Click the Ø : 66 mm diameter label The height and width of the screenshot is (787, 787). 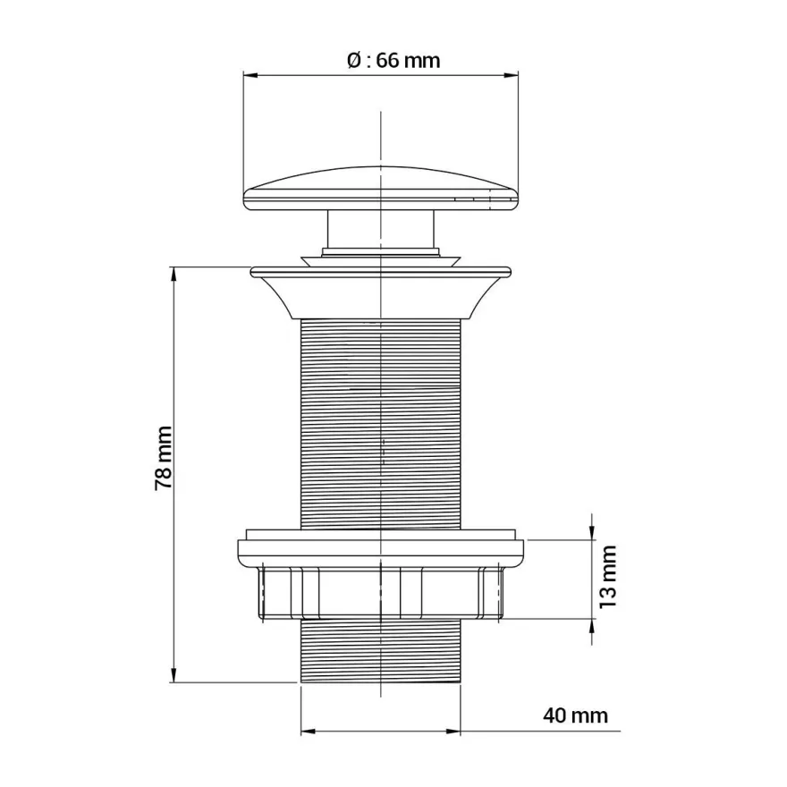coord(393,61)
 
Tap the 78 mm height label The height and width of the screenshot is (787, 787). coord(164,458)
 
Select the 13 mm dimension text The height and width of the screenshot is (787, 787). coord(608,577)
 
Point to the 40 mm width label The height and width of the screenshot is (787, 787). coord(575,715)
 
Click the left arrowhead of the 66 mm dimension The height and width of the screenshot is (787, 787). coord(250,76)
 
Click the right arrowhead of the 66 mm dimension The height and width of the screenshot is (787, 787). coord(511,76)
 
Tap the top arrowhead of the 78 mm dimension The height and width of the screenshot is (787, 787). coord(173,275)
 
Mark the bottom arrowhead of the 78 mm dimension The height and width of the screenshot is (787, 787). coord(173,674)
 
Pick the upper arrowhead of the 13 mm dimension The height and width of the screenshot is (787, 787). coord(592,532)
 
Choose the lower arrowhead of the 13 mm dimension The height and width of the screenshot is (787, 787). coord(592,627)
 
